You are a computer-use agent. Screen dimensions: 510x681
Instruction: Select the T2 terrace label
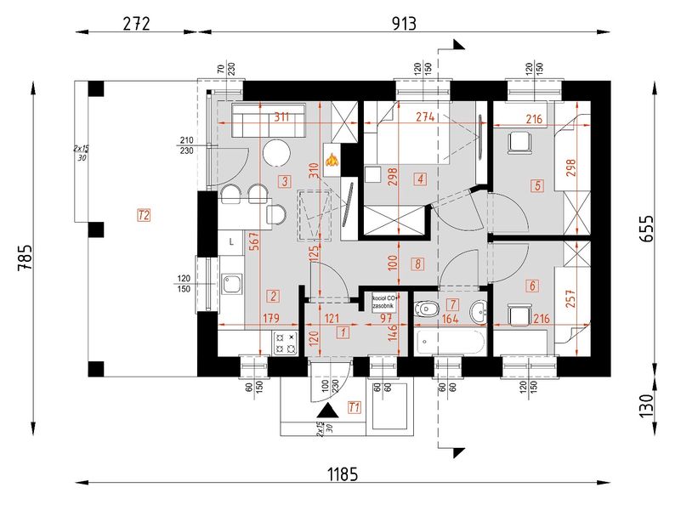(x=144, y=215)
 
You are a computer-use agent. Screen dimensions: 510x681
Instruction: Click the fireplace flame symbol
(x=330, y=159)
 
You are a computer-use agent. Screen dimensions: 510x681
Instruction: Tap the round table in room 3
(x=276, y=155)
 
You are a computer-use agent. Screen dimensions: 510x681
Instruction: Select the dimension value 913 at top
(x=405, y=24)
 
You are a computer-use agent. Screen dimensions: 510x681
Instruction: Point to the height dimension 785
(x=25, y=255)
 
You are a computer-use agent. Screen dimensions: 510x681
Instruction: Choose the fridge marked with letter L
(x=231, y=242)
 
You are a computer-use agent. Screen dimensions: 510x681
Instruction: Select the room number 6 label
(x=533, y=286)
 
